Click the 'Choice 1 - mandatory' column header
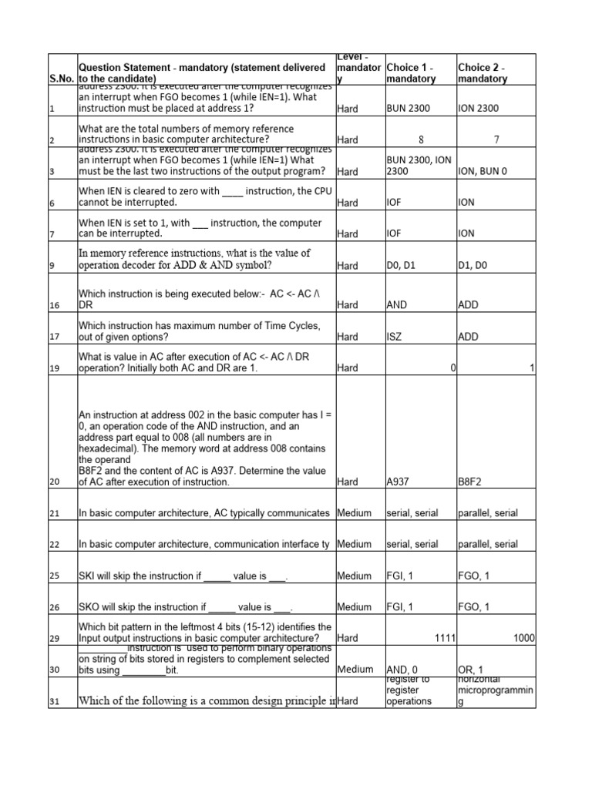point(412,72)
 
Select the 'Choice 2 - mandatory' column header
point(483,72)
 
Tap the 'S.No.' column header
point(62,79)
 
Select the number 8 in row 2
point(421,140)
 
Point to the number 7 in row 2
point(495,140)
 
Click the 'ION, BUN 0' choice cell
point(483,171)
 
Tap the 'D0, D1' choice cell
point(401,266)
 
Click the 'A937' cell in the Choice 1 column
point(399,482)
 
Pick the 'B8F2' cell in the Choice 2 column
point(472,482)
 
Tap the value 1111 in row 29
point(445,639)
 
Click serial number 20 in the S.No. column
point(54,482)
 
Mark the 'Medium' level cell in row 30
point(355,670)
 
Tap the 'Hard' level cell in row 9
point(348,266)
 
